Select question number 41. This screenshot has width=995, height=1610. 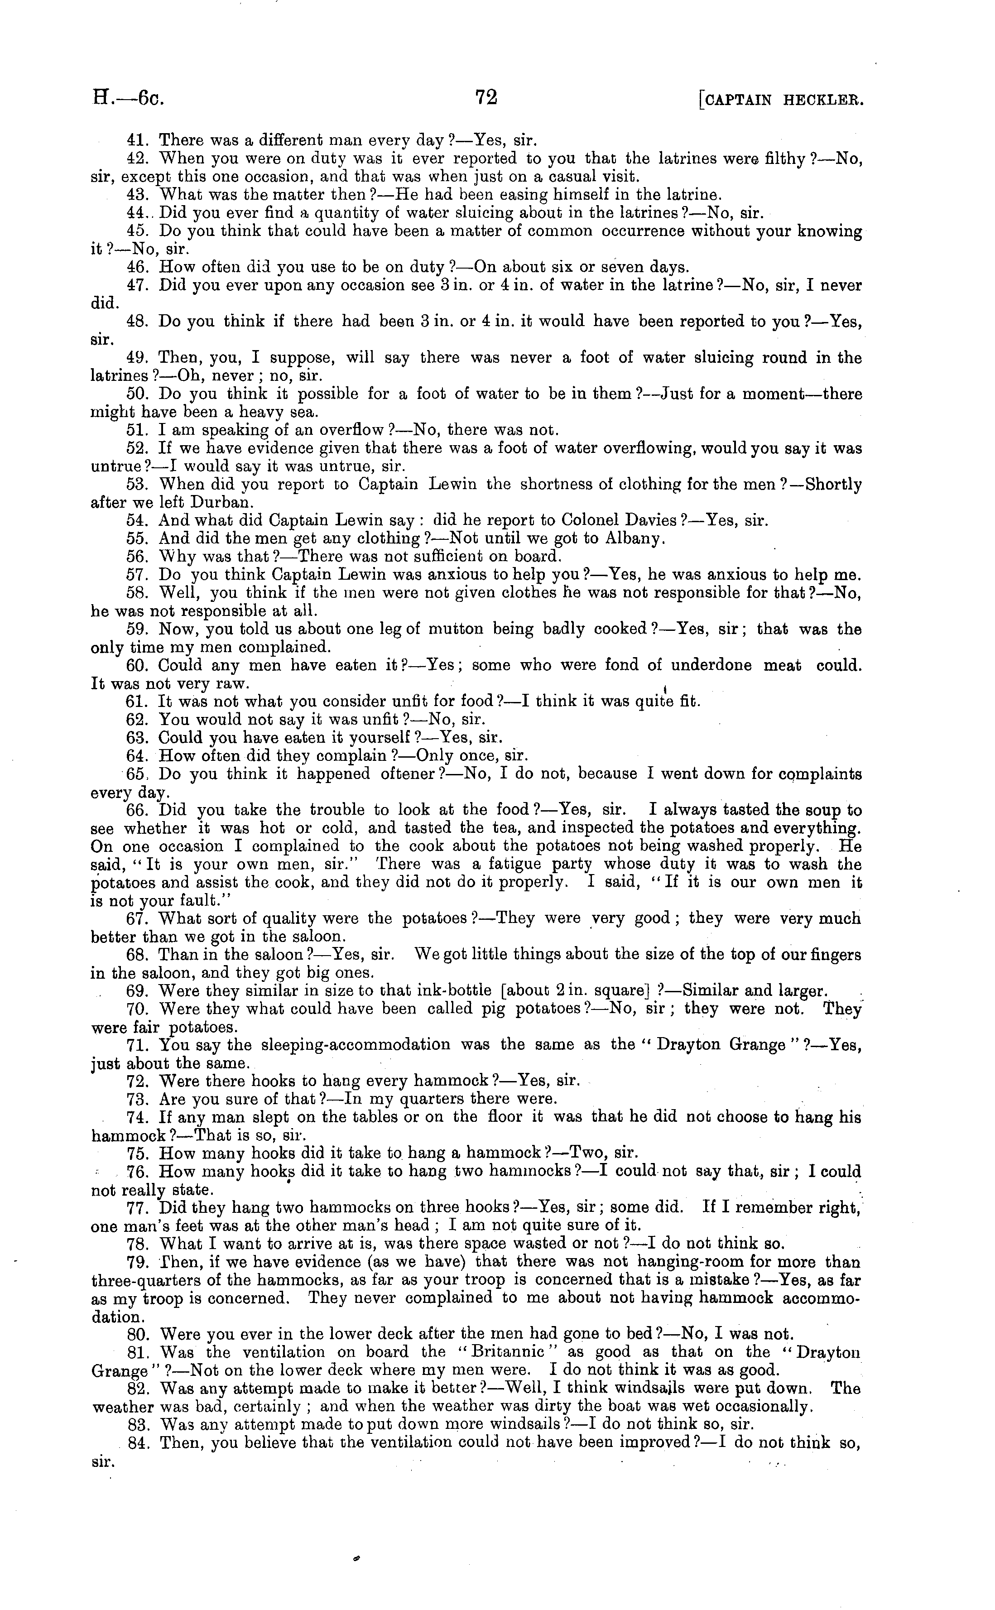(x=137, y=140)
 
